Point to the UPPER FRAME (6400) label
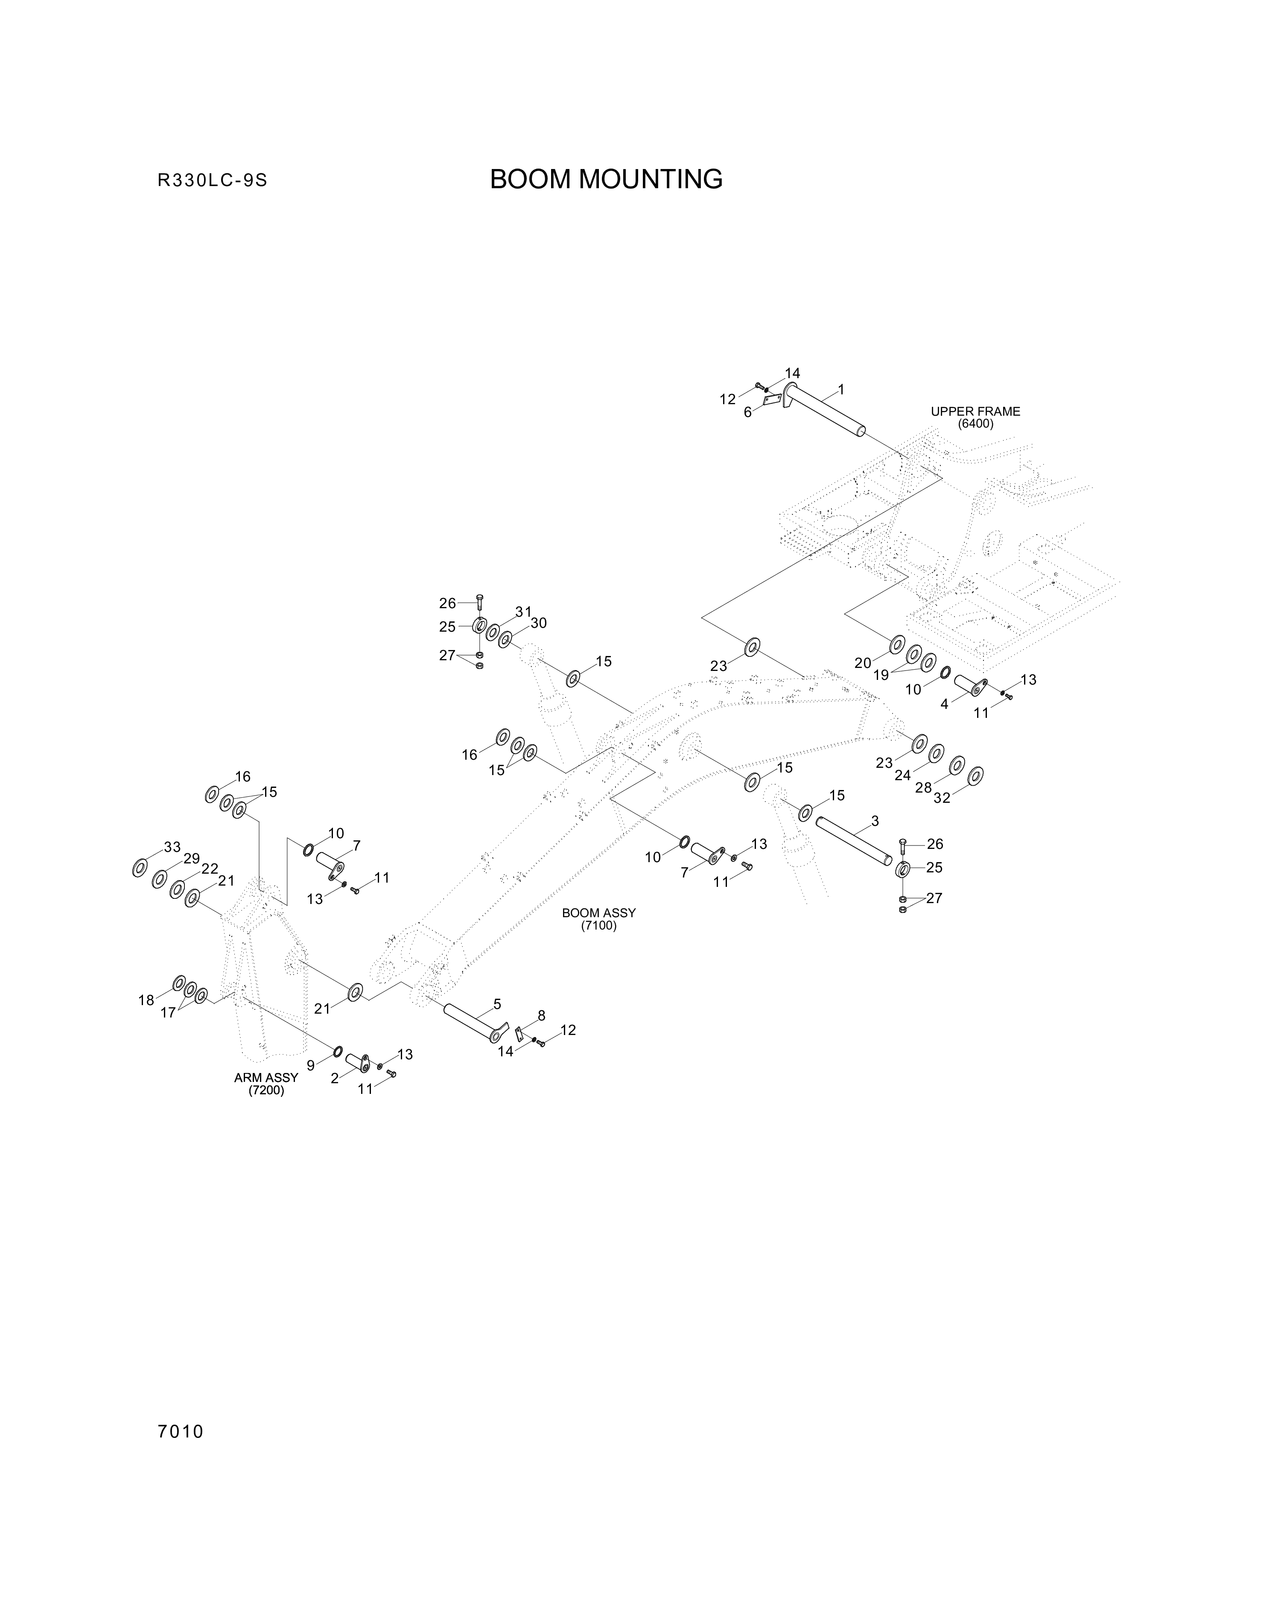point(975,417)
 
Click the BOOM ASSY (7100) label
point(599,919)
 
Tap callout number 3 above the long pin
point(875,821)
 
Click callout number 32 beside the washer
point(942,798)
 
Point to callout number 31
point(523,612)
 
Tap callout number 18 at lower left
point(146,1000)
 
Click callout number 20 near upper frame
point(863,663)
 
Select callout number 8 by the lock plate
point(541,1015)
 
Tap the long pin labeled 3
point(855,840)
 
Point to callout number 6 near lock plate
point(747,412)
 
